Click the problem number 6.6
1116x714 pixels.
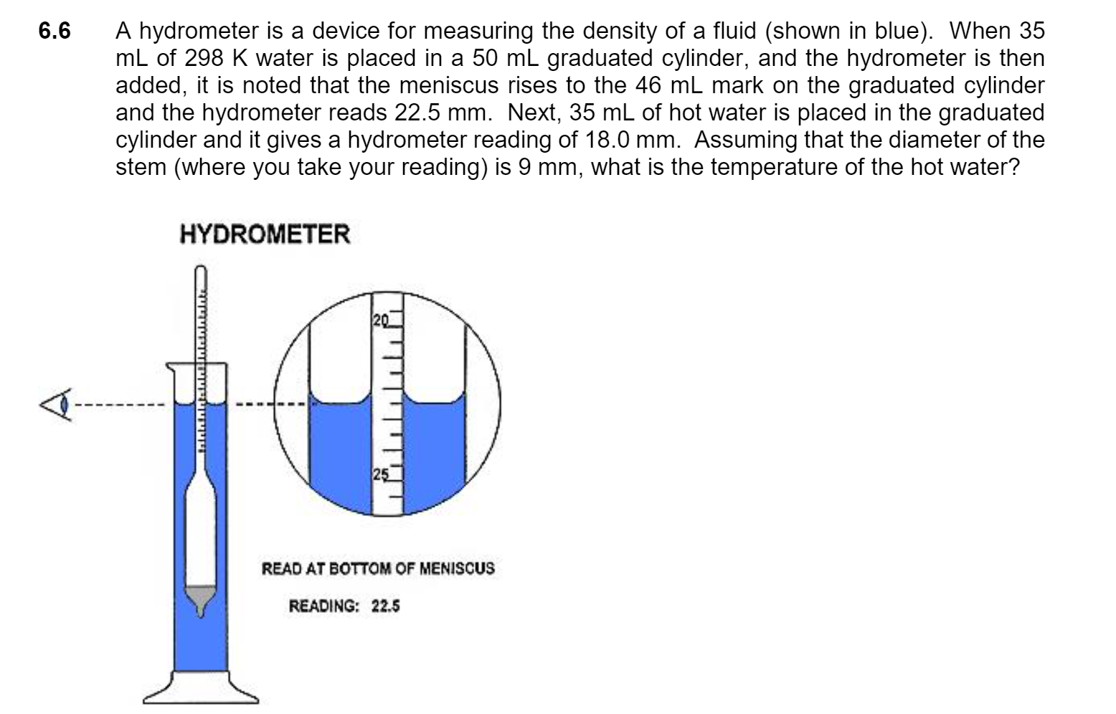(55, 32)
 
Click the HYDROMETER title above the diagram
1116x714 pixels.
(265, 234)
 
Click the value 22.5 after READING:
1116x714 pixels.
(386, 606)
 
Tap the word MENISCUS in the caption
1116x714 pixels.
(456, 569)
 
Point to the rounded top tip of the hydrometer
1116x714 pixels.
(201, 272)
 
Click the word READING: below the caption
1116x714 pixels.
(323, 606)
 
